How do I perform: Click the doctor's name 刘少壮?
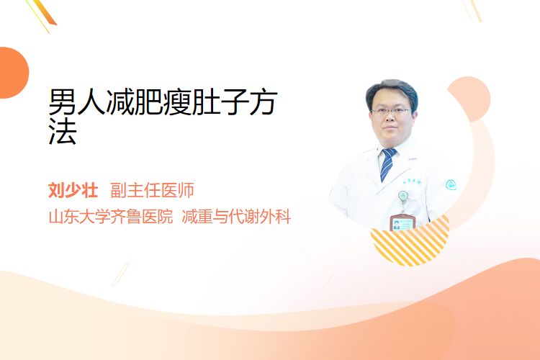tap(73, 190)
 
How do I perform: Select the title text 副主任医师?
tap(152, 190)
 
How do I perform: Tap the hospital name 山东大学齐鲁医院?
tap(111, 217)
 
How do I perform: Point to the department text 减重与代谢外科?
tap(236, 217)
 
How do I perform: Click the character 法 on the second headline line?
tap(63, 132)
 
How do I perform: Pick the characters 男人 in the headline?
tap(77, 102)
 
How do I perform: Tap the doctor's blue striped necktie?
tap(388, 164)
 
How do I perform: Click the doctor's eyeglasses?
tap(391, 112)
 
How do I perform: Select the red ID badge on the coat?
tap(402, 223)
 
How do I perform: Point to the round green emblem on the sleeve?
tap(451, 185)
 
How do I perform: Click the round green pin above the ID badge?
tap(403, 196)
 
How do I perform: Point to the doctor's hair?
tap(391, 90)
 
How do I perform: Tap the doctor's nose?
tap(390, 118)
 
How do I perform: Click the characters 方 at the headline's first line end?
tap(263, 102)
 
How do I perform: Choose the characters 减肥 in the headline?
tap(134, 102)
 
